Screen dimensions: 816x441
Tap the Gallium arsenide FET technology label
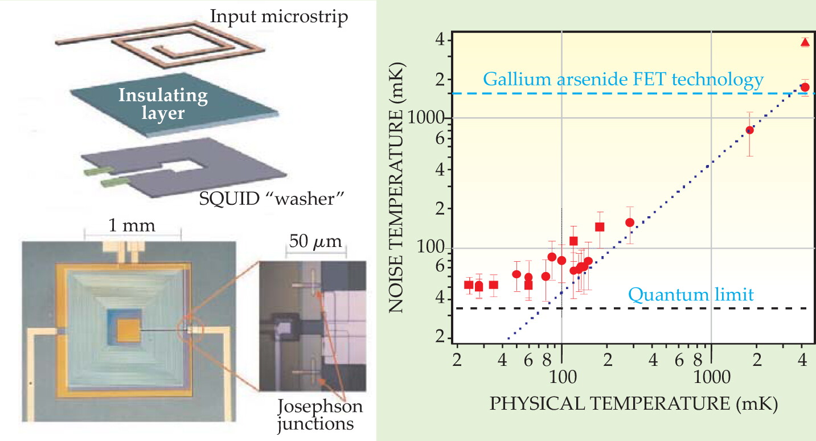coord(624,80)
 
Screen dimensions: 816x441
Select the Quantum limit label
coord(691,294)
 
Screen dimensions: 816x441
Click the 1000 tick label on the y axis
coord(426,118)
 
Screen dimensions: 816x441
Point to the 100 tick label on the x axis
coord(563,377)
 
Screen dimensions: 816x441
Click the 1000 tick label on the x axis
coord(712,377)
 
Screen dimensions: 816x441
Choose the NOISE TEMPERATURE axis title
coord(396,188)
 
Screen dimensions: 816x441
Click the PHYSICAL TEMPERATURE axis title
coord(633,404)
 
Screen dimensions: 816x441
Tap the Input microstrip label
coord(279,17)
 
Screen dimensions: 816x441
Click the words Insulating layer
coord(163,104)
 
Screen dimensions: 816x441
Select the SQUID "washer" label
coord(272,199)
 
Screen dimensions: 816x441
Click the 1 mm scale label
coord(132,225)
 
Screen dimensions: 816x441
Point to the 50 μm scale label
coord(315,241)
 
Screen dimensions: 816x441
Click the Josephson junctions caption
coord(320,415)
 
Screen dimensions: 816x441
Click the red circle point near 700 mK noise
coord(750,130)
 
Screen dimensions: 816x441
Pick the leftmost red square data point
coord(469,285)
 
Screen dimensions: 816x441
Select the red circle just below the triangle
coord(805,87)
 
